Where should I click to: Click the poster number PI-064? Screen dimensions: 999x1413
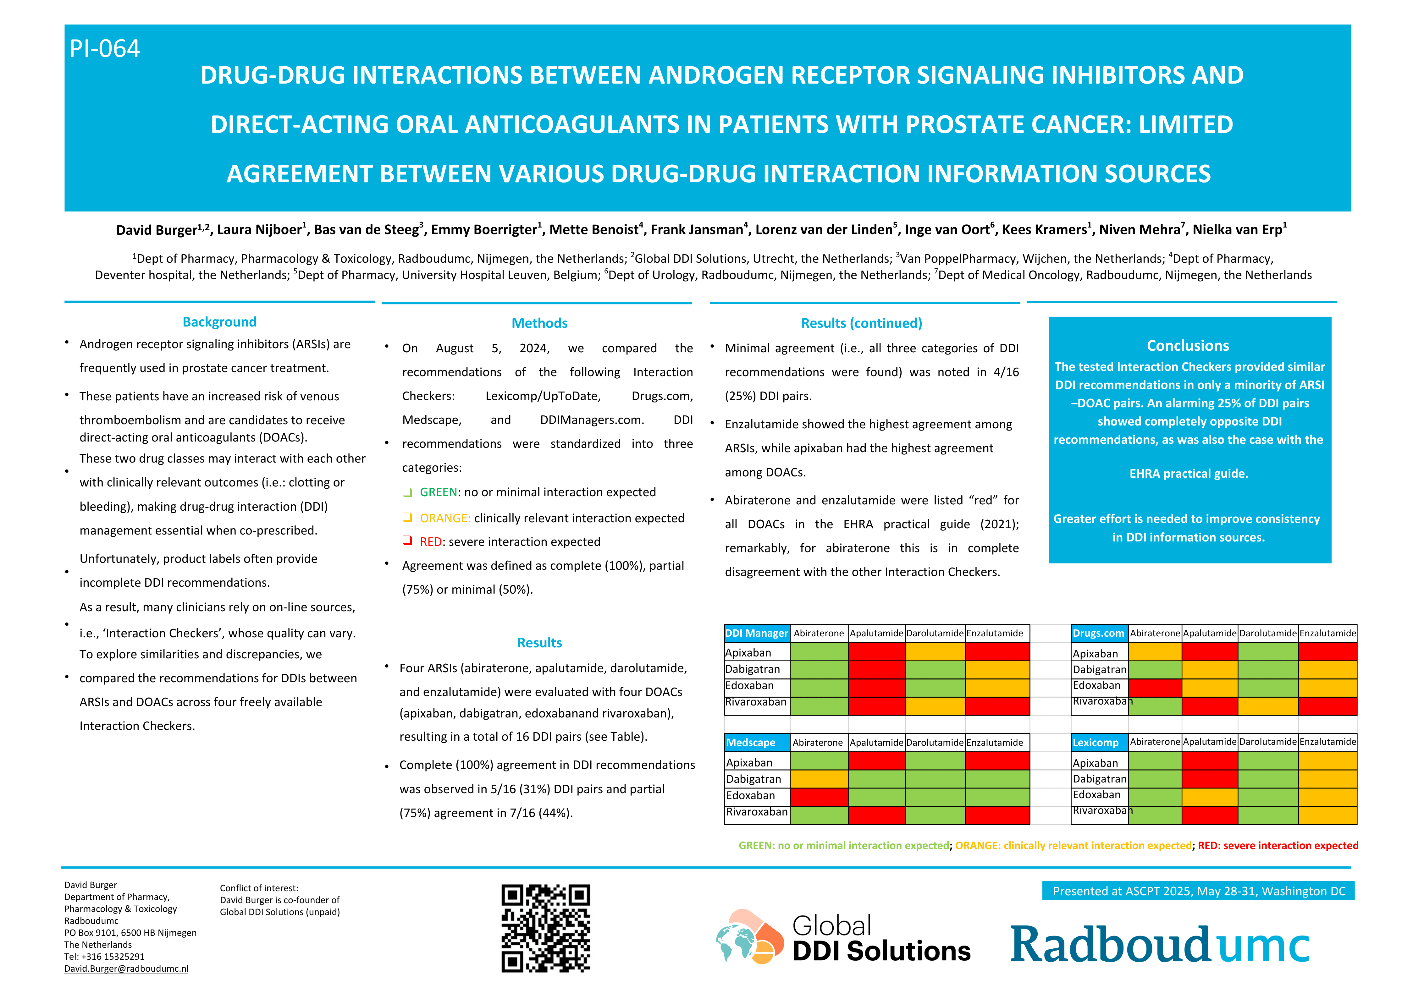[x=105, y=49]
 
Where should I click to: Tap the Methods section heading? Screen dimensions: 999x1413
[x=539, y=323]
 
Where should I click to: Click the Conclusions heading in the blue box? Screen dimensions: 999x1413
[x=1188, y=345]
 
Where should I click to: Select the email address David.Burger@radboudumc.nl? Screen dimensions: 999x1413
[x=126, y=968]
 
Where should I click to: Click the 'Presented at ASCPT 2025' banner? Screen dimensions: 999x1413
[x=1198, y=891]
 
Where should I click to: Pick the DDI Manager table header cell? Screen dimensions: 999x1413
[x=756, y=633]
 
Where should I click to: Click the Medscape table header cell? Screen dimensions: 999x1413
[x=756, y=743]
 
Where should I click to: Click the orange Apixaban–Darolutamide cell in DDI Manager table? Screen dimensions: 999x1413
[x=935, y=652]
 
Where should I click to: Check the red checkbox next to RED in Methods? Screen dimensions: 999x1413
[x=407, y=541]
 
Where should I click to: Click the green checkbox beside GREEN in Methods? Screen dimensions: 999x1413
[x=407, y=492]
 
